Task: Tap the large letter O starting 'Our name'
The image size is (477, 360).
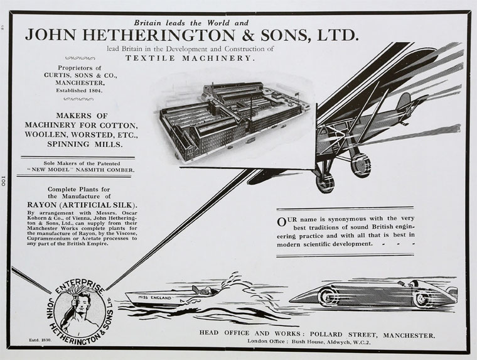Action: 282,221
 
